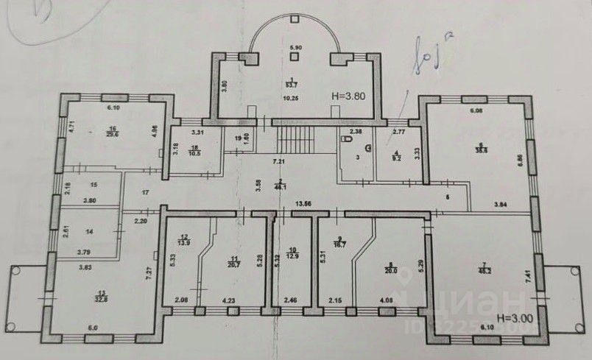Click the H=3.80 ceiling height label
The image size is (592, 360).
coord(349,95)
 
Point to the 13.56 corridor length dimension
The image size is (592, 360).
coord(302,203)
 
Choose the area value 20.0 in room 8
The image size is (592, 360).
coord(389,270)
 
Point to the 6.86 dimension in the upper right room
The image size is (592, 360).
coord(521,158)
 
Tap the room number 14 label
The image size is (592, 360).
coord(91,232)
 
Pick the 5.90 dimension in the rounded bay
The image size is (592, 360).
coord(296,48)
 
